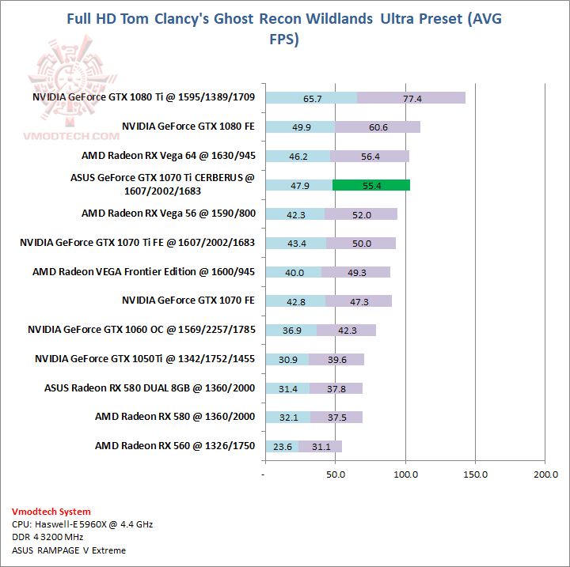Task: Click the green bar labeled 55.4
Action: point(370,185)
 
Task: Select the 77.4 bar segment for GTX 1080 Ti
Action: point(411,98)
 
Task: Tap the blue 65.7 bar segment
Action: point(311,98)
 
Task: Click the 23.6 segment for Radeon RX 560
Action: point(283,447)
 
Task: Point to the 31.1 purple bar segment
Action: point(321,447)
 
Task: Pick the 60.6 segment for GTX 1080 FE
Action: point(378,127)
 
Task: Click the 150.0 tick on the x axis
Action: point(475,474)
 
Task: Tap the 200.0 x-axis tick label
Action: point(545,474)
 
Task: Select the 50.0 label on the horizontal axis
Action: point(336,474)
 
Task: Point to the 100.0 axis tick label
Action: point(405,474)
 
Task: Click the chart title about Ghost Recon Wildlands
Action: point(284,29)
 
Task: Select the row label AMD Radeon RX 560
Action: point(175,445)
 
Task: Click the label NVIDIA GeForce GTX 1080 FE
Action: point(188,126)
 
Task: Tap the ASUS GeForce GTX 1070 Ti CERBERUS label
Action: point(162,184)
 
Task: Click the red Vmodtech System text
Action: point(51,512)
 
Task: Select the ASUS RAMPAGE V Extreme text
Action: point(69,550)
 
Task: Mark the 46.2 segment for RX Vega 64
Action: point(298,156)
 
